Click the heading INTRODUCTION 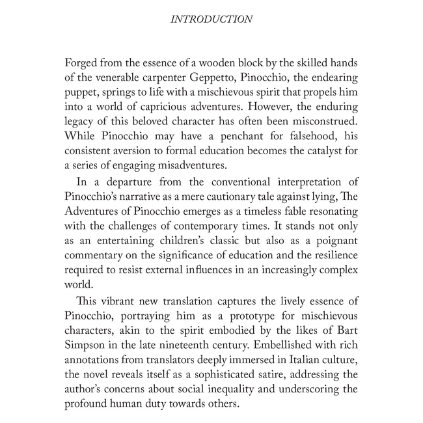(211, 20)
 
